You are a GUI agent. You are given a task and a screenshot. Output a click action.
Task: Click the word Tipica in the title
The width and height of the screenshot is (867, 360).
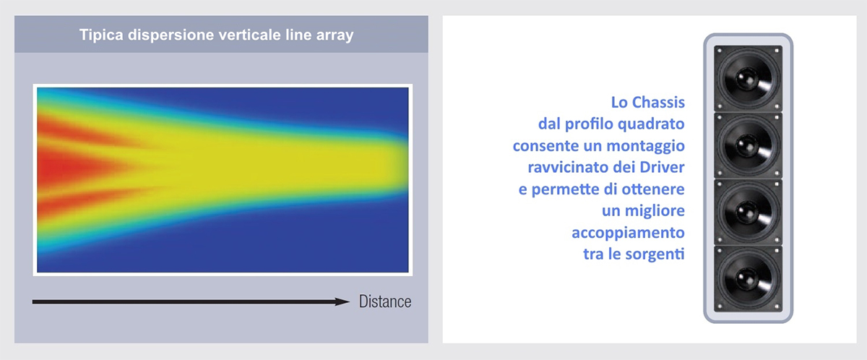(101, 35)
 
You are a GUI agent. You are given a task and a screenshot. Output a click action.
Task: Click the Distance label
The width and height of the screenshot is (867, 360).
(385, 301)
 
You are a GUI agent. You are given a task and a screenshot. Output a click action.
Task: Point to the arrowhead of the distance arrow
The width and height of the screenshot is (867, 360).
(342, 301)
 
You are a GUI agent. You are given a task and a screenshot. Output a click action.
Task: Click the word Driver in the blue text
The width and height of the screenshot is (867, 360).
(663, 167)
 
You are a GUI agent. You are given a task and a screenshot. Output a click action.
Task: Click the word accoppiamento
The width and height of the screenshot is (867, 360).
(628, 233)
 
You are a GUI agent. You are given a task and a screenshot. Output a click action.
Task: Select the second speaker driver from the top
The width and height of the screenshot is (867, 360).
(749, 145)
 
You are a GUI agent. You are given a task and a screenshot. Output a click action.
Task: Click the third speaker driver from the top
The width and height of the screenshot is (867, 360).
(749, 212)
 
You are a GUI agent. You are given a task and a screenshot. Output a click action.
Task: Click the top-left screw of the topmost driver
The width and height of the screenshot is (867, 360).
(720, 51)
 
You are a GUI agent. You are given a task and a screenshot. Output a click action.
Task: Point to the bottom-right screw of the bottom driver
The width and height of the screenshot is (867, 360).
(777, 307)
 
